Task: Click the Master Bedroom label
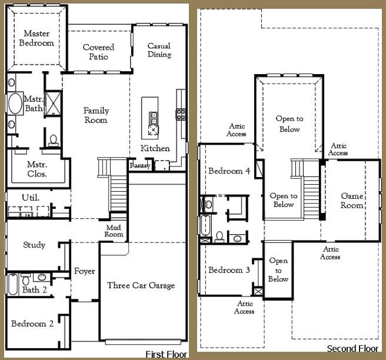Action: [x=36, y=38]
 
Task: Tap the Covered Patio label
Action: [x=98, y=52]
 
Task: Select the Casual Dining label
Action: [x=159, y=50]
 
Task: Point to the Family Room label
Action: [x=95, y=115]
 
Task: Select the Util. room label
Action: [x=31, y=197]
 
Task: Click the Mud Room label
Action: [x=114, y=231]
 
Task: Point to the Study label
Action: [x=34, y=245]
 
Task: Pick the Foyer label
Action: [x=85, y=271]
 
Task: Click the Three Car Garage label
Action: [x=141, y=285]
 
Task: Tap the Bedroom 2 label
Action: [x=32, y=324]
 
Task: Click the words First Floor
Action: [x=166, y=354]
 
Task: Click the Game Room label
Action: [x=352, y=201]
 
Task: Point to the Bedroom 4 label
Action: [x=229, y=171]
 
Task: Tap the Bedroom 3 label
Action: [x=229, y=270]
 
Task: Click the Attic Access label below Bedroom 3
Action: [x=244, y=307]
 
